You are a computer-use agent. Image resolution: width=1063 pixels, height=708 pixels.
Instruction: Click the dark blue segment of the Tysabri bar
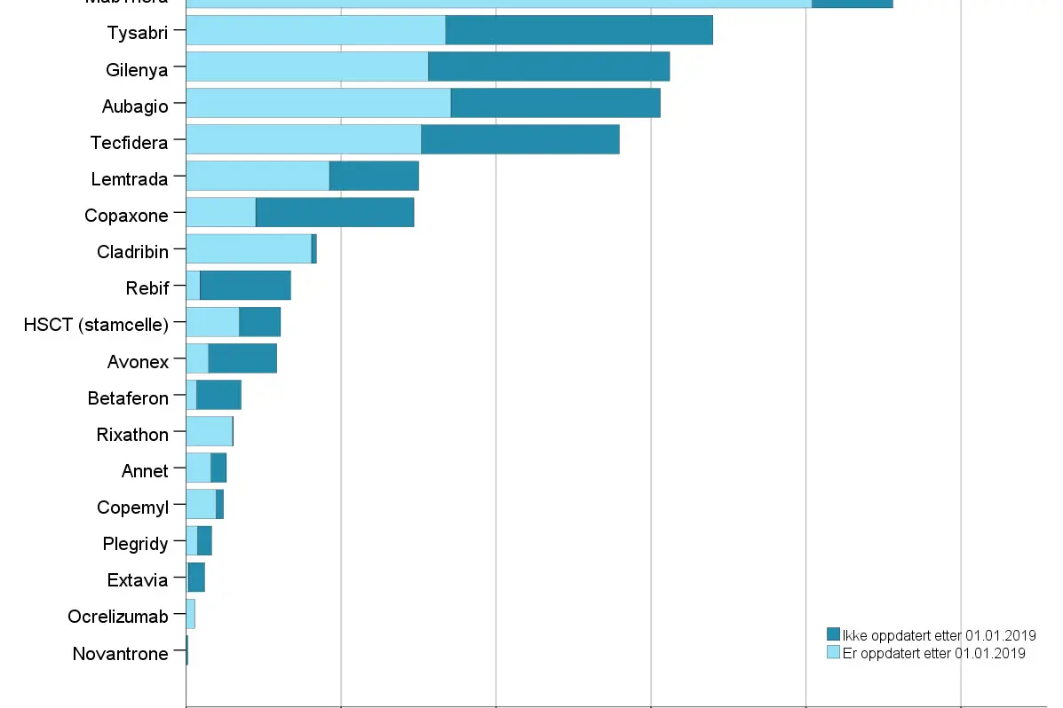click(578, 30)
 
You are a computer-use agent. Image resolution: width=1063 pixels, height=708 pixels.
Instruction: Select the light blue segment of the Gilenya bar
click(306, 67)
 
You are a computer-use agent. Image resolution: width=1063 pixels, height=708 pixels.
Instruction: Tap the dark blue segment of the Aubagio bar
click(555, 103)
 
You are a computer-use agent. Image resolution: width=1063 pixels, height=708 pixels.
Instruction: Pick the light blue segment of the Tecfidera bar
click(303, 139)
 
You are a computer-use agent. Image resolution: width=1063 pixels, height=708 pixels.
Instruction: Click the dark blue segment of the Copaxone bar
click(335, 212)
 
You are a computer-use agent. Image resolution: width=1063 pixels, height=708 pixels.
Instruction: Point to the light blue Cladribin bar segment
click(249, 248)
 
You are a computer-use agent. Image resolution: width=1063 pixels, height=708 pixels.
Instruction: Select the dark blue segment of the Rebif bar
click(245, 285)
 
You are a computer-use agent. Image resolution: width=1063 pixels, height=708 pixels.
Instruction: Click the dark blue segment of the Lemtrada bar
click(374, 176)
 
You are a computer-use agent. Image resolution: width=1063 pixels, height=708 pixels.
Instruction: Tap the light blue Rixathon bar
click(209, 431)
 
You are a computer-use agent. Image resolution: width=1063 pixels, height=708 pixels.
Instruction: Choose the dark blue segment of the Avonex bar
click(242, 358)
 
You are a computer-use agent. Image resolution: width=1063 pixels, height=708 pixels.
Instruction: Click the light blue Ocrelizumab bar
click(190, 613)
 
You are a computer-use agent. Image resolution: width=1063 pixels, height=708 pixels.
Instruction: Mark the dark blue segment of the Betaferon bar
click(218, 395)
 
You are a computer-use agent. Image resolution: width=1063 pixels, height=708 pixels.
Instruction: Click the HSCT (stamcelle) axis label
click(96, 325)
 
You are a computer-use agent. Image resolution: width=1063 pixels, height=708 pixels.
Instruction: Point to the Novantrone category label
click(120, 654)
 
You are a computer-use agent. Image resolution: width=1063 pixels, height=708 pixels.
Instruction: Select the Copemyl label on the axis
click(132, 507)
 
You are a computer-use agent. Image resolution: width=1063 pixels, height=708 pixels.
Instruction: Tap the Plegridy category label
click(135, 544)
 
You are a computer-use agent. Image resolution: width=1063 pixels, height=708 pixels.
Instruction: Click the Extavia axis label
click(137, 580)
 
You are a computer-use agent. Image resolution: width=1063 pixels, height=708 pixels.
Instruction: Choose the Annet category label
click(145, 471)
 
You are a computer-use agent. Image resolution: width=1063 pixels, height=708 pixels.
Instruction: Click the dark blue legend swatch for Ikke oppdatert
click(833, 634)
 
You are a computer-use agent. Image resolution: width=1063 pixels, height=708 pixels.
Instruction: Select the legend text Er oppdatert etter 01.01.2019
click(933, 653)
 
